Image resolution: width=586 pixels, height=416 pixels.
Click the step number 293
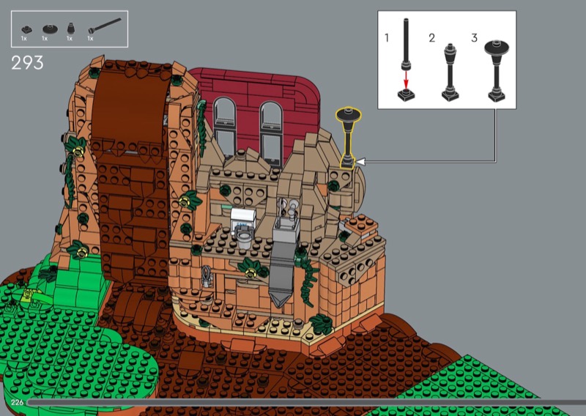point(27,63)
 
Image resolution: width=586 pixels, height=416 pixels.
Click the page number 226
point(17,402)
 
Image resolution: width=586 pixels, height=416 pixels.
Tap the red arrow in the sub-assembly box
point(407,81)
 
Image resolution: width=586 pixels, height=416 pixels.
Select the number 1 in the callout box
point(387,38)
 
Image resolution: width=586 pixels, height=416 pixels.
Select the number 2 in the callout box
point(432,38)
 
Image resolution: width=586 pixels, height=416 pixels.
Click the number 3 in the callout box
point(474,38)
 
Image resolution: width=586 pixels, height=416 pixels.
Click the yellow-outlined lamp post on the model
point(348,138)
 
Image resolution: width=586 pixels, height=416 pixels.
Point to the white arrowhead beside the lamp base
point(360,162)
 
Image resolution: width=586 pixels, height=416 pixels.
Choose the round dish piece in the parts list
point(50,29)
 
